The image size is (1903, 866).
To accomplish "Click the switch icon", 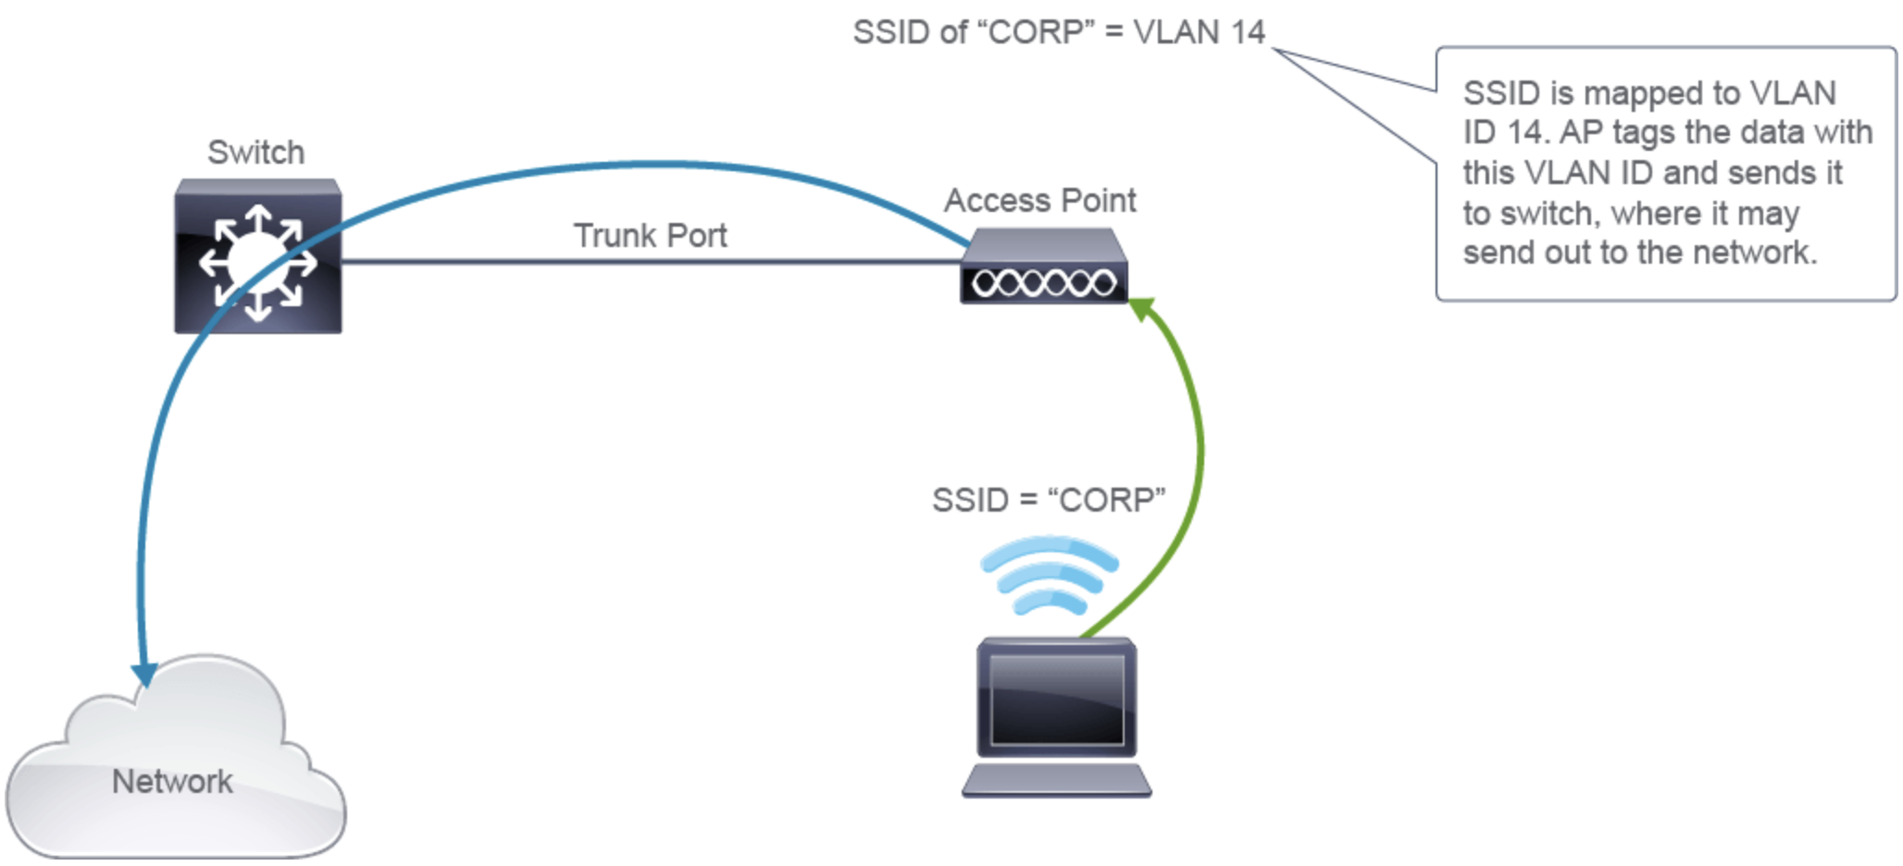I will [257, 257].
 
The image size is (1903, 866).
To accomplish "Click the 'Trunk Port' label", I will [650, 236].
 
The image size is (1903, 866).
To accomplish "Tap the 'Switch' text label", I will [255, 153].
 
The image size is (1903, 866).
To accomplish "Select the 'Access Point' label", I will [1039, 201].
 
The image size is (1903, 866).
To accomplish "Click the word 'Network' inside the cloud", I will [172, 782].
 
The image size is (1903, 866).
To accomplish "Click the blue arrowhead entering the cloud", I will [144, 675].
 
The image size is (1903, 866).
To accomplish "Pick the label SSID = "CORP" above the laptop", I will [1048, 501].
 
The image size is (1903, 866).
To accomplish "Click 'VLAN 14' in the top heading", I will [1199, 32].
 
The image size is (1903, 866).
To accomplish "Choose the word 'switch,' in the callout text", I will [1550, 214].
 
